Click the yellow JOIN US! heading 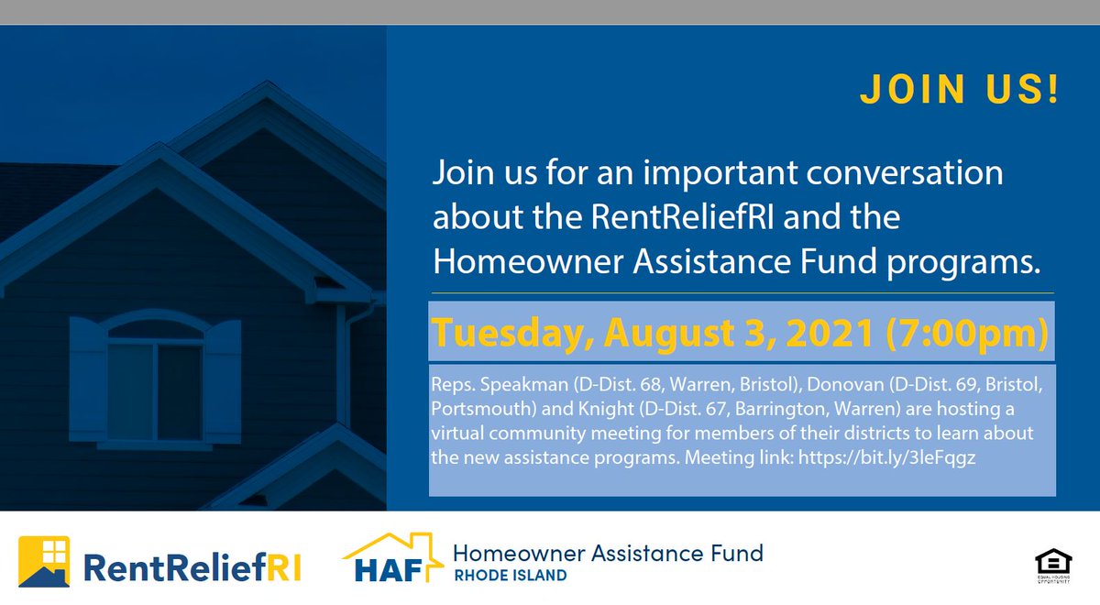[x=959, y=90]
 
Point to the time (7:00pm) [x=967, y=334]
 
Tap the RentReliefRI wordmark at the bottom [x=192, y=568]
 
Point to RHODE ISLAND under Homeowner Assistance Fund [x=510, y=576]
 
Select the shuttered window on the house [x=155, y=379]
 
